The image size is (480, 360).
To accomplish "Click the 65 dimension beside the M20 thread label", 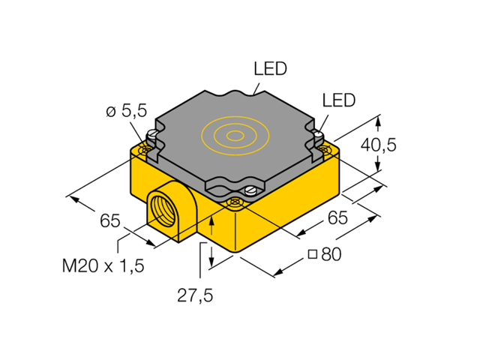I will (x=109, y=220).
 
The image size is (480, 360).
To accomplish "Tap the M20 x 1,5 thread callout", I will (x=103, y=265).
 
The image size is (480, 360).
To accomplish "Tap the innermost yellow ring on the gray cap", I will (x=235, y=136).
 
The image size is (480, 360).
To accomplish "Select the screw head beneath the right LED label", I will (x=318, y=136).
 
